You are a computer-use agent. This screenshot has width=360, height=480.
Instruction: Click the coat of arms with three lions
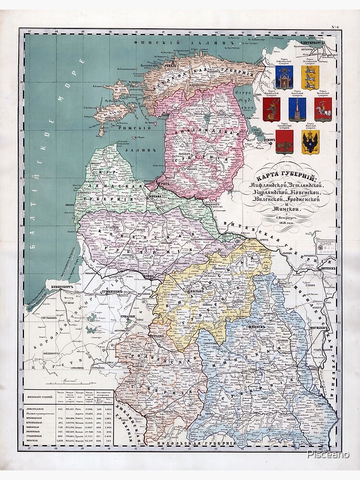pyautogui.click(x=310, y=77)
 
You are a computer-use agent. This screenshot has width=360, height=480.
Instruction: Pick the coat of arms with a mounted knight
pyautogui.click(x=323, y=109)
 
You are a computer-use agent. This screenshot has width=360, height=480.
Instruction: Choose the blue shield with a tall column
pyautogui.click(x=297, y=109)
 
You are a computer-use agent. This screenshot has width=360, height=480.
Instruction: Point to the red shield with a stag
pyautogui.click(x=272, y=109)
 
